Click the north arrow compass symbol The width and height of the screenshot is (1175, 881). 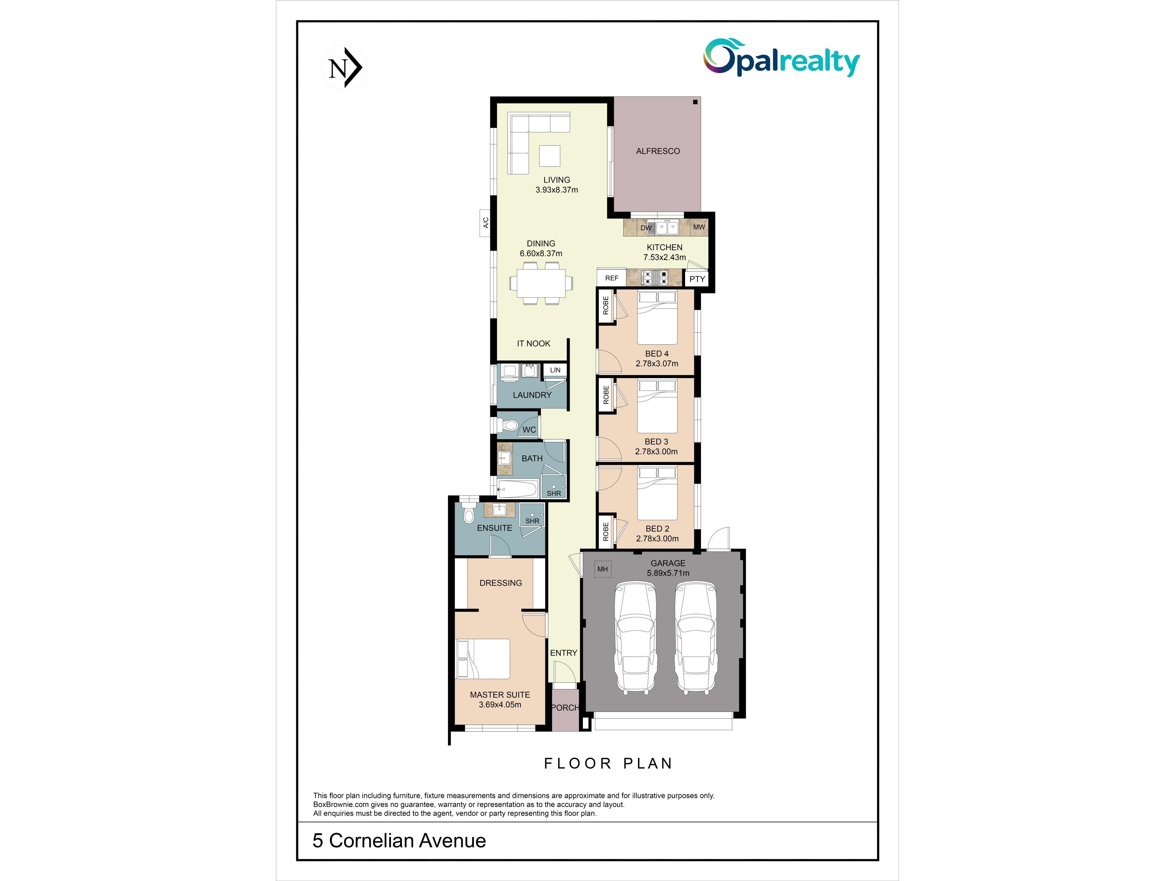pyautogui.click(x=345, y=67)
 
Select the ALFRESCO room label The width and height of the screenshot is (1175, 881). pyautogui.click(x=658, y=151)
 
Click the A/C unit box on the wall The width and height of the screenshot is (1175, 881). pyautogui.click(x=485, y=222)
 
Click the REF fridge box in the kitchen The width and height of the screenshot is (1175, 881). pyautogui.click(x=611, y=278)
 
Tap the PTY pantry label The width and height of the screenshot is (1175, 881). pyautogui.click(x=697, y=279)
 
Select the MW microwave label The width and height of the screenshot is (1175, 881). pyautogui.click(x=699, y=227)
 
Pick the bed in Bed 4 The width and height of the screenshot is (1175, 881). pyautogui.click(x=657, y=318)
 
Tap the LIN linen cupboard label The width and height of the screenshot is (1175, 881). pyautogui.click(x=555, y=370)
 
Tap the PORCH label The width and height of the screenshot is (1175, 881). pyautogui.click(x=565, y=708)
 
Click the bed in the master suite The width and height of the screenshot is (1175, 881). pyautogui.click(x=483, y=659)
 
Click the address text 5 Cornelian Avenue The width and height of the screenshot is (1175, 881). pyautogui.click(x=399, y=841)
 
